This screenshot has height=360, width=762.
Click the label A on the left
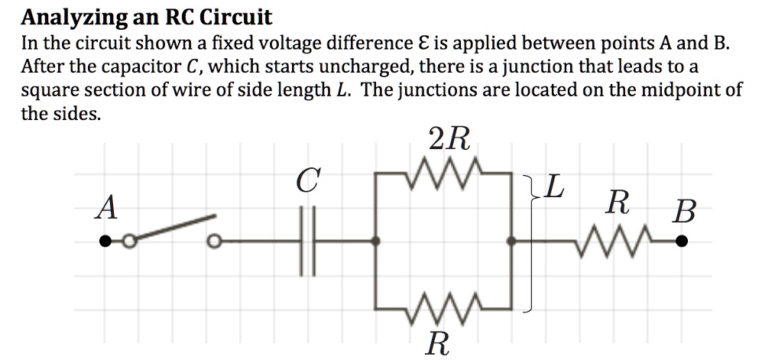click(107, 208)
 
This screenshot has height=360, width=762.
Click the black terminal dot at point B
click(681, 242)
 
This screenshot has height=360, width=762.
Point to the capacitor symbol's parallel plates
click(306, 242)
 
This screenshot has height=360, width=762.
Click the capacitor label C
click(306, 182)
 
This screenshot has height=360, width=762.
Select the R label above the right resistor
click(618, 204)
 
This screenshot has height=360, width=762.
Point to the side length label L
click(555, 186)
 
